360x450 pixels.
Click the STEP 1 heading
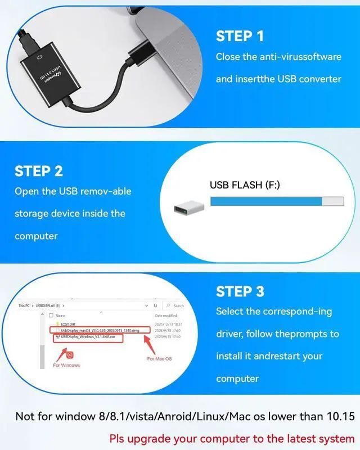point(240,37)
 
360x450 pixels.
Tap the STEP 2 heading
point(39,171)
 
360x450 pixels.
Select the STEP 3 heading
point(240,291)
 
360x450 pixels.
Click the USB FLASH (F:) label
point(244,184)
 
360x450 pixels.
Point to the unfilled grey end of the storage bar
point(332,201)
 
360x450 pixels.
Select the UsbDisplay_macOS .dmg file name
point(100,330)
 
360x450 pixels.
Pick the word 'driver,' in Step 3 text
point(231,334)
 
